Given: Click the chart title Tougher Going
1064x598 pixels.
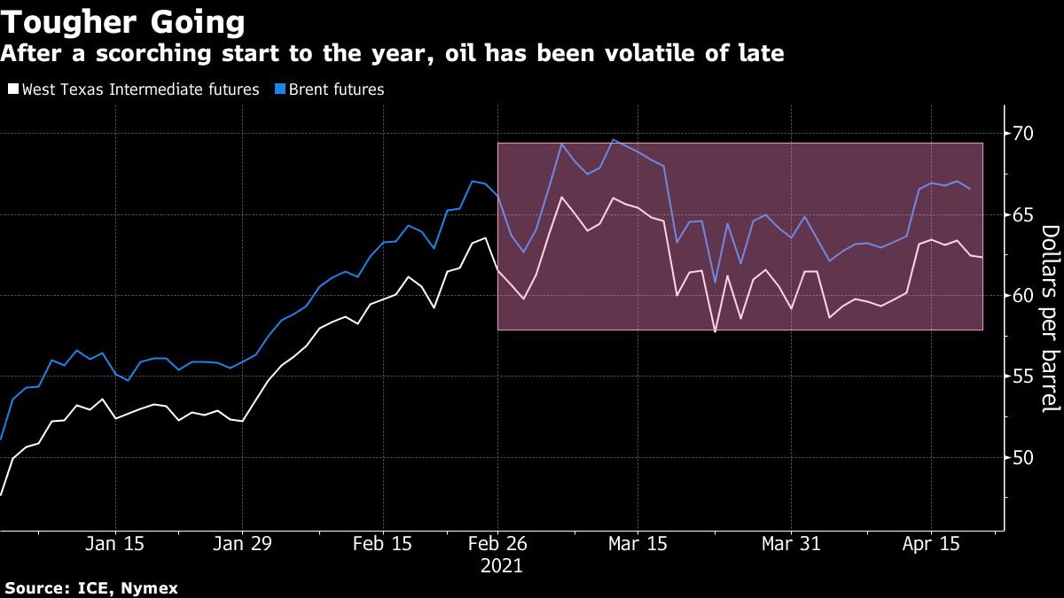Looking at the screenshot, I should point(124,20).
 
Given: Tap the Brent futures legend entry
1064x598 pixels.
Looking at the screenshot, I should point(334,89).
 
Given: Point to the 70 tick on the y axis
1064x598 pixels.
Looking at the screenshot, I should point(1022,134).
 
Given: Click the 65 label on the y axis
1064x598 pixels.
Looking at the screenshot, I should point(1022,215).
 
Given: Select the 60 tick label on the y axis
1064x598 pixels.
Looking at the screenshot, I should point(1022,296).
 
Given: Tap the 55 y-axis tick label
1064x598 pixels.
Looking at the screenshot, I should point(1022,377).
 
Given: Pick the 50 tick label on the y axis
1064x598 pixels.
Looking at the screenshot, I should point(1022,458).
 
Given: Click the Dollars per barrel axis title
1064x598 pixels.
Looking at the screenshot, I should point(1049,319).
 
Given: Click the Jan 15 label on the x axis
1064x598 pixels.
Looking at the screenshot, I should point(115,545).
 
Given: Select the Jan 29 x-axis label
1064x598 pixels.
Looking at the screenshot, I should point(242,545).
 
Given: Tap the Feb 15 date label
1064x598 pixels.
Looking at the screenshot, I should point(383,545).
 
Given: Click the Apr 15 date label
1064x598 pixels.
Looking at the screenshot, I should point(930,545).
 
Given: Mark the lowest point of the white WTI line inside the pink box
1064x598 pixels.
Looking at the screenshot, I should point(715,331).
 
